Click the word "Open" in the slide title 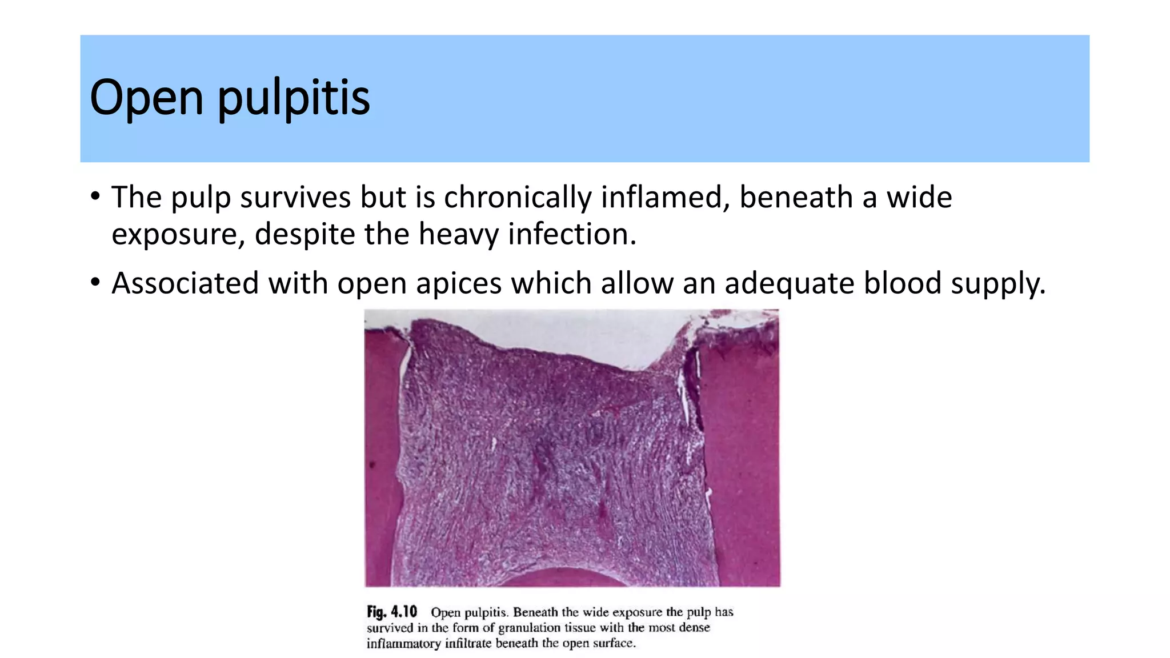[x=146, y=97]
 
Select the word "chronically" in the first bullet [x=517, y=197]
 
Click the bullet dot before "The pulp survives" [x=95, y=197]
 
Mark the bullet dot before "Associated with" [x=95, y=283]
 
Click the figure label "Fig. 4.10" [x=392, y=612]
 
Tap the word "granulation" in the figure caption [x=530, y=628]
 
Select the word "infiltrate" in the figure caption [x=468, y=644]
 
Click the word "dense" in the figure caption [x=694, y=628]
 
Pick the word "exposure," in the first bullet [x=178, y=235]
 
